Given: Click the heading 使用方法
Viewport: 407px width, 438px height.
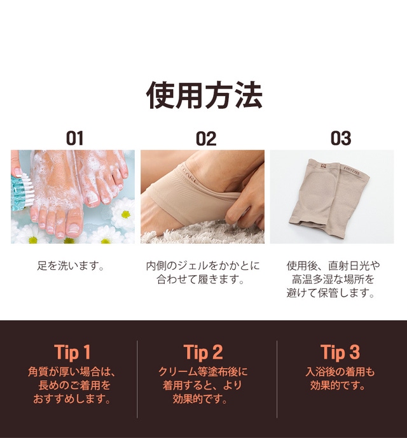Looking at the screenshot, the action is coord(204,95).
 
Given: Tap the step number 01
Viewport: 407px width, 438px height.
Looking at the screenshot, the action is coord(74,138).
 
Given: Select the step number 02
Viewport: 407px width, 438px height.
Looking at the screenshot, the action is coord(206,138).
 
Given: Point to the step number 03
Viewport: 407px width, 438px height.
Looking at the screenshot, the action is coord(341,138).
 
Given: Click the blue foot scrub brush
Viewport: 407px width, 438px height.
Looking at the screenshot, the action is coord(22,192).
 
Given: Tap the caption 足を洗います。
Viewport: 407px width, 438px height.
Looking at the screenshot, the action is coord(71,265).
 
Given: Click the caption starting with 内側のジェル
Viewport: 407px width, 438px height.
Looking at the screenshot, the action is coord(203,272).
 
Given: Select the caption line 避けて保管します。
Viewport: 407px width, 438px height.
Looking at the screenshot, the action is coord(331,293).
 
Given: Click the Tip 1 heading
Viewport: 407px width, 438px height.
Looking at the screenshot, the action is coord(72,352).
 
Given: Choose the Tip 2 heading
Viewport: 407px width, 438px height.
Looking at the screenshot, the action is coord(203,352).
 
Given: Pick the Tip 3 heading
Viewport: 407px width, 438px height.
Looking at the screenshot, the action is coord(340,352).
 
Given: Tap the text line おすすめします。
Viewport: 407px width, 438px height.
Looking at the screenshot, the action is coord(72,399).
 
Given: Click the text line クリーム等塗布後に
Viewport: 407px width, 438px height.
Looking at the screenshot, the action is coord(203,372).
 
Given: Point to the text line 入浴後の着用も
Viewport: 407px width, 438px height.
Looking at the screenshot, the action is coord(340,372).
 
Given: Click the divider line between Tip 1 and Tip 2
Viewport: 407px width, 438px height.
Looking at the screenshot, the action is coord(137,379).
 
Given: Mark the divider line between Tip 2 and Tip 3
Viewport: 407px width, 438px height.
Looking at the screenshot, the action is coord(277,379).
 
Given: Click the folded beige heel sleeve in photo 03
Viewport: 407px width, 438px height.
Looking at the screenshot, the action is coord(329,199).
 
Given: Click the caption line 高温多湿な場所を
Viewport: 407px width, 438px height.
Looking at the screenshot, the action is coord(333,279).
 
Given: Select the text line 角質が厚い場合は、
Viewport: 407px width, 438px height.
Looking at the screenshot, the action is coord(72,372).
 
